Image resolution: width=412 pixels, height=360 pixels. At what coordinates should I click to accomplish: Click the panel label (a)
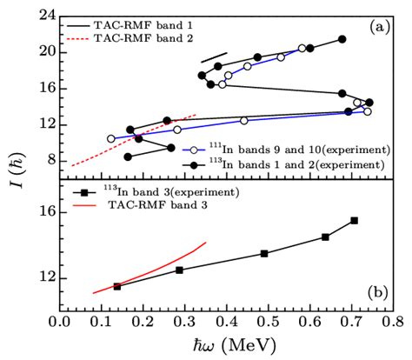[378, 28]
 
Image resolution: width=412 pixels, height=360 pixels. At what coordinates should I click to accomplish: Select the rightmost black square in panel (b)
[354, 221]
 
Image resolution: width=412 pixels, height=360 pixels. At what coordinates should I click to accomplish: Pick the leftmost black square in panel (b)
[117, 285]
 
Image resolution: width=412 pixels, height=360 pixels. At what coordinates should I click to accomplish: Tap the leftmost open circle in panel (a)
[110, 138]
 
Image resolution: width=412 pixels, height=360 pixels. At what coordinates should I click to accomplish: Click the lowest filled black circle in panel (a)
[128, 157]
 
